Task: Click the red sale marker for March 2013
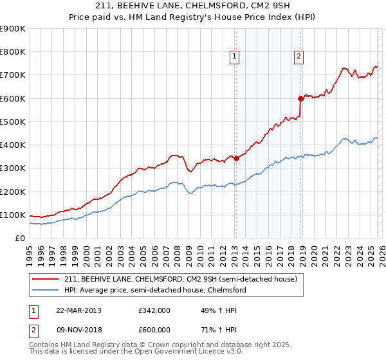pyautogui.click(x=235, y=158)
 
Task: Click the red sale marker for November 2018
pyautogui.click(x=300, y=98)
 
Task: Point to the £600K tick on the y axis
pyautogui.click(x=12, y=98)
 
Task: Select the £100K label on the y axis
pyautogui.click(x=12, y=215)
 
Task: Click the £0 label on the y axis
pyautogui.click(x=19, y=238)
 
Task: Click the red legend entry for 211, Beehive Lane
pyautogui.click(x=180, y=280)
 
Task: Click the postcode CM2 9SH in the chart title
pyautogui.click(x=251, y=6)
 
